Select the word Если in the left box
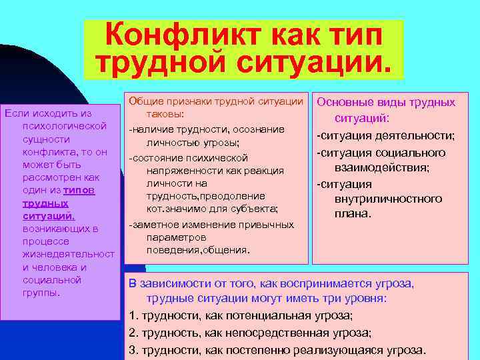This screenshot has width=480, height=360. (17, 114)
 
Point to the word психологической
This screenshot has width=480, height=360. (65, 127)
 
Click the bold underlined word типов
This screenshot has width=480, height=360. (81, 190)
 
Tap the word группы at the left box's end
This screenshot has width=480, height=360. (40, 292)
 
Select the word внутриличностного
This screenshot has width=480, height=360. (389, 199)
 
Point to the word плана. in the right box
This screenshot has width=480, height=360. (353, 215)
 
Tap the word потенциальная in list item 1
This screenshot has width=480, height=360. (245, 316)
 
